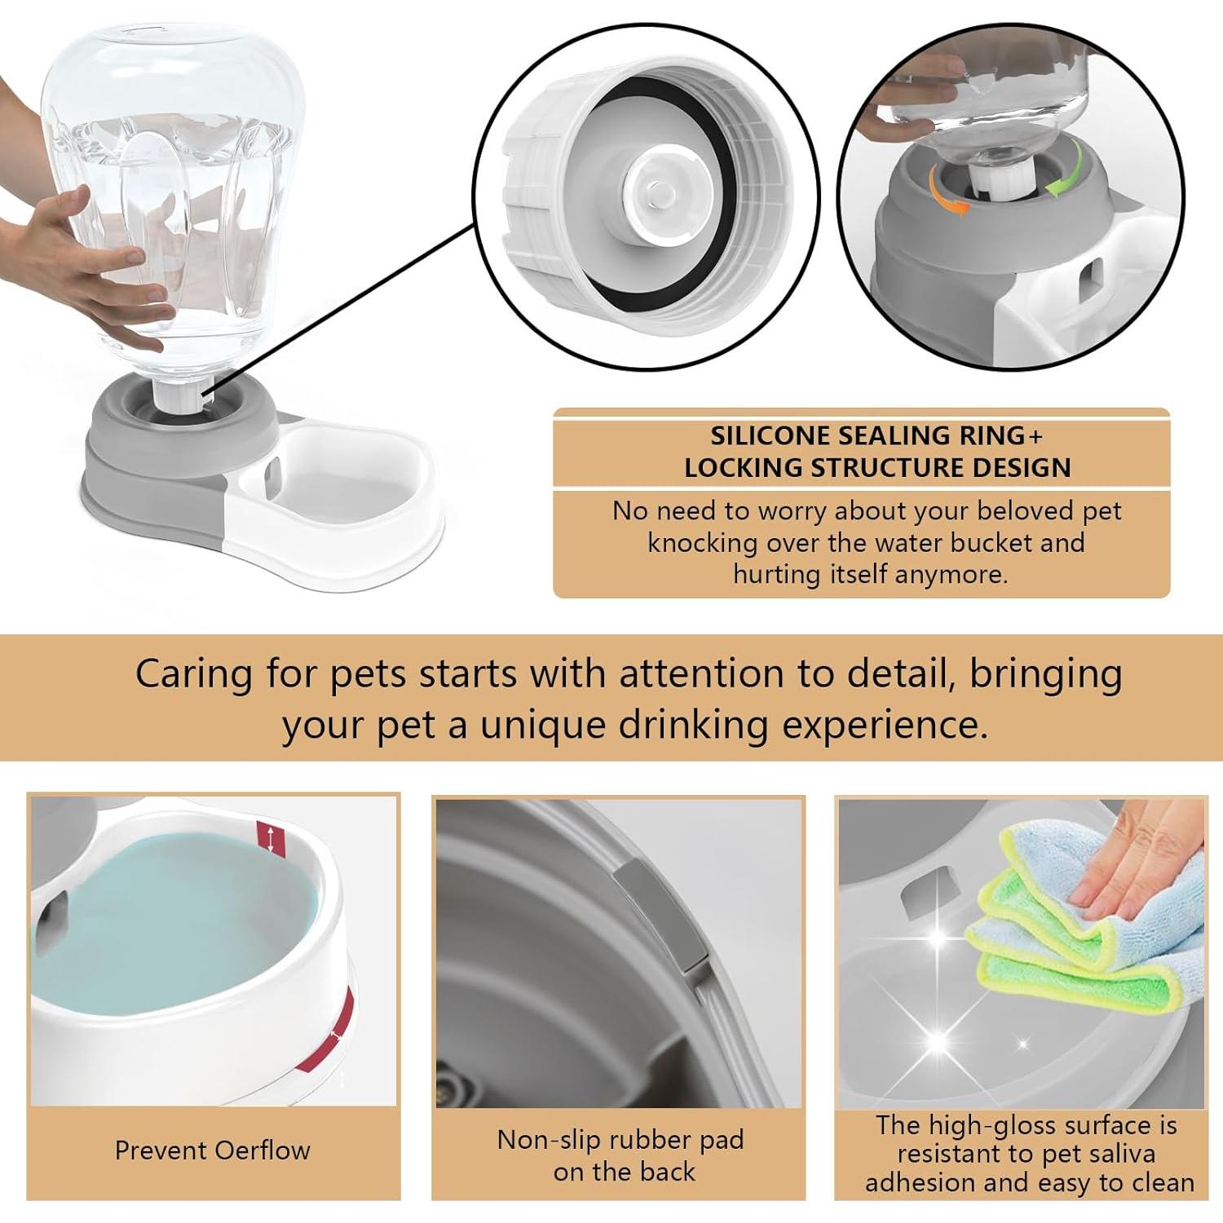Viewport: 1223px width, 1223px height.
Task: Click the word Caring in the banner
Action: [194, 675]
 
